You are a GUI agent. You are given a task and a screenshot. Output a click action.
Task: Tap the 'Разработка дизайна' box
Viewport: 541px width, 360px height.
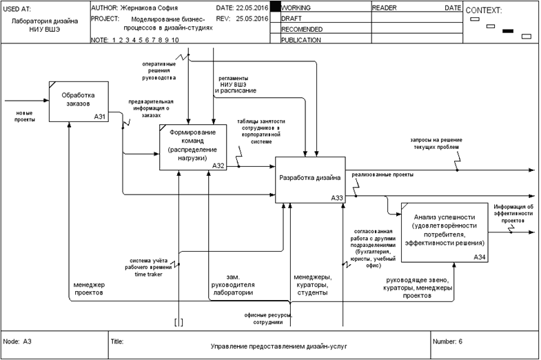pyautogui.click(x=309, y=179)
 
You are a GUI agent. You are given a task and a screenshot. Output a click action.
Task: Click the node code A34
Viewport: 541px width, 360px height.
pyautogui.click(x=479, y=257)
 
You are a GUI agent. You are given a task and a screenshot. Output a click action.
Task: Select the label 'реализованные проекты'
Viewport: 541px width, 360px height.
pyautogui.click(x=382, y=175)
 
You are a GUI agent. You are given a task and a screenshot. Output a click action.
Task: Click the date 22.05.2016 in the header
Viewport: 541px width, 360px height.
pyautogui.click(x=251, y=7)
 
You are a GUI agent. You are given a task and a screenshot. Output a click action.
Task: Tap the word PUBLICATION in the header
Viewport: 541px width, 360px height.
pyautogui.click(x=302, y=40)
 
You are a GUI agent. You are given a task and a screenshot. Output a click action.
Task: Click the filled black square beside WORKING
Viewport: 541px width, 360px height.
pyautogui.click(x=276, y=7)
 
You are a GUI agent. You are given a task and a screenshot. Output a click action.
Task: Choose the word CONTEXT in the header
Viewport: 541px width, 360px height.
pyautogui.click(x=484, y=10)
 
